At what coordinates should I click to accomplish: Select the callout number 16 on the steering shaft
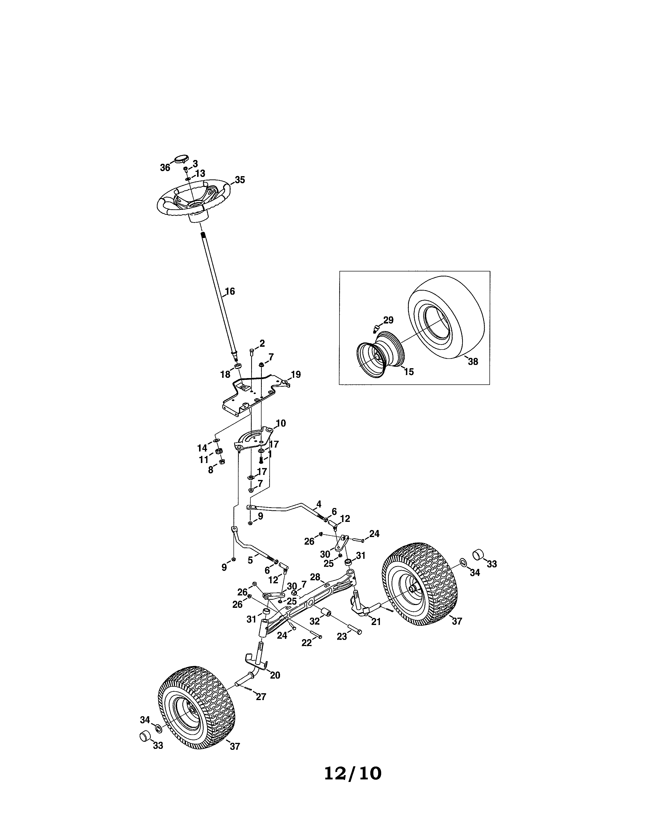(x=230, y=291)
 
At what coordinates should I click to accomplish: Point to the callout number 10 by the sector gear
(x=281, y=423)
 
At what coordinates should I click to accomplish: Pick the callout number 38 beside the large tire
(x=473, y=362)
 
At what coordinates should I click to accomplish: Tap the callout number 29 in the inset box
(x=388, y=320)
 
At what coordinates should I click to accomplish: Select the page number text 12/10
(x=353, y=773)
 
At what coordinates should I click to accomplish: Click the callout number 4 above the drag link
(x=319, y=504)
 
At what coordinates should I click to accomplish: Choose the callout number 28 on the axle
(x=315, y=577)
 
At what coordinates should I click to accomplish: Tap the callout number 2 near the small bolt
(x=262, y=343)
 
